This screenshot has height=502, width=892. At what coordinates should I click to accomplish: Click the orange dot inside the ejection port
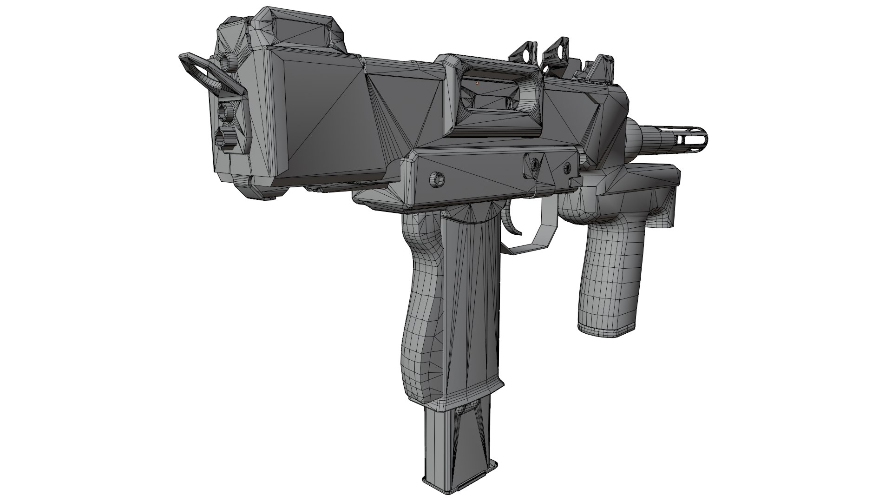coord(477,83)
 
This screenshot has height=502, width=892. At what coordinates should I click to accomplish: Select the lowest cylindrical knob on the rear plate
coord(225,137)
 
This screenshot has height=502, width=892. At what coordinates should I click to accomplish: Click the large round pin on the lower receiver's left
coord(437,178)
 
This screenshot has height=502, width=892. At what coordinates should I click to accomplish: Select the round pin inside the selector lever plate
coord(535,163)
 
